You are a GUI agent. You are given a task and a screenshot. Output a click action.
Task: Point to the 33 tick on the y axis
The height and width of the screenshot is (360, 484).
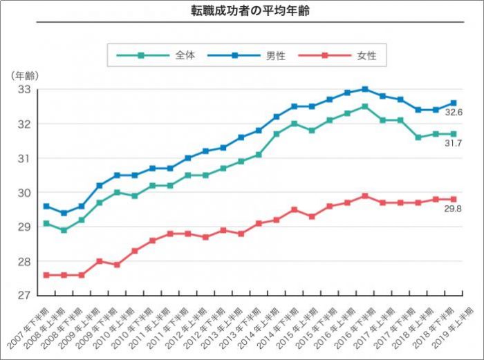pyautogui.click(x=24, y=90)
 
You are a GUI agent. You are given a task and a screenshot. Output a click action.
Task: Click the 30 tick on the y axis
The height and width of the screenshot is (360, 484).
pyautogui.click(x=24, y=193)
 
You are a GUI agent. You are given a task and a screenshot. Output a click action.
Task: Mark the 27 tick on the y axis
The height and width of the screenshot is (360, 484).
pyautogui.click(x=24, y=296)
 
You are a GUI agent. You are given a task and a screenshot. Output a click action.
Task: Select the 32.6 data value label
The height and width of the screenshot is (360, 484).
pyautogui.click(x=454, y=112)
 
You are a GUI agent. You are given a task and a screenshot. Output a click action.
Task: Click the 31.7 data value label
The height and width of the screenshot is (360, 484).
pyautogui.click(x=454, y=143)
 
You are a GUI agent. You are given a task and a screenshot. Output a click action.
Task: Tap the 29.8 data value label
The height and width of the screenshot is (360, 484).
pyautogui.click(x=454, y=208)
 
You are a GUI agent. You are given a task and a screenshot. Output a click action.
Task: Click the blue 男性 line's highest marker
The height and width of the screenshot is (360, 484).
pyautogui.click(x=365, y=89)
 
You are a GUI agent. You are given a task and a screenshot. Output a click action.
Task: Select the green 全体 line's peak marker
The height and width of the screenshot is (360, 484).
pyautogui.click(x=365, y=106)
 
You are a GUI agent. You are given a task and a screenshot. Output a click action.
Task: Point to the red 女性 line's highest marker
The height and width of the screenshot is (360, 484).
pyautogui.click(x=365, y=196)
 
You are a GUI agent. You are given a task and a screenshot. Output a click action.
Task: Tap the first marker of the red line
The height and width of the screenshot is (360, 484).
pyautogui.click(x=46, y=275)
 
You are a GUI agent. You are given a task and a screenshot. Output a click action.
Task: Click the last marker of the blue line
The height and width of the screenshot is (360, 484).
pyautogui.click(x=454, y=103)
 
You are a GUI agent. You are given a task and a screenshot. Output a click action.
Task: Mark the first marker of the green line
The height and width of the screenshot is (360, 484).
pyautogui.click(x=46, y=223)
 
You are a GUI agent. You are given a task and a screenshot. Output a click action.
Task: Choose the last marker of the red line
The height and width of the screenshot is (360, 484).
pyautogui.click(x=454, y=199)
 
